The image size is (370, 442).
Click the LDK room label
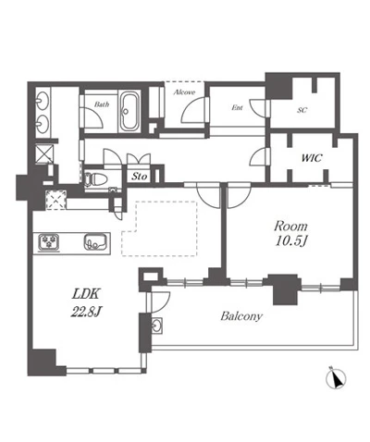[x=86, y=294]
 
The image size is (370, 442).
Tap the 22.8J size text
[x=86, y=312]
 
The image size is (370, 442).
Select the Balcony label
[x=241, y=316]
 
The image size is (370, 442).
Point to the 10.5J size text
[x=291, y=241]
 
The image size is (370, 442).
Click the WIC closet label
[x=312, y=158]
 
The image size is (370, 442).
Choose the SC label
[x=302, y=110]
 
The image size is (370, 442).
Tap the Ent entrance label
[x=237, y=107]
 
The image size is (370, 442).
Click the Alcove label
[x=184, y=92]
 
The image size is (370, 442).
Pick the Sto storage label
[x=140, y=177]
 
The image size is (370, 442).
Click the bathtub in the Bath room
[x=129, y=112]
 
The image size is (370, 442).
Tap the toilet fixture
[x=95, y=179]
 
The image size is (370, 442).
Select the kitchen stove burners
[x=49, y=241]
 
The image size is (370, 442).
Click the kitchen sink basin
[x=96, y=241]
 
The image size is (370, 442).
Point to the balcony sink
[x=157, y=325]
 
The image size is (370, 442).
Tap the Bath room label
[x=102, y=104]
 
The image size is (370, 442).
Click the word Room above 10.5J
[x=290, y=227]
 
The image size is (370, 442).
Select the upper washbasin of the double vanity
[x=43, y=100]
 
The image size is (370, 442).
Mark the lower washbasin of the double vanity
[x=43, y=123]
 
